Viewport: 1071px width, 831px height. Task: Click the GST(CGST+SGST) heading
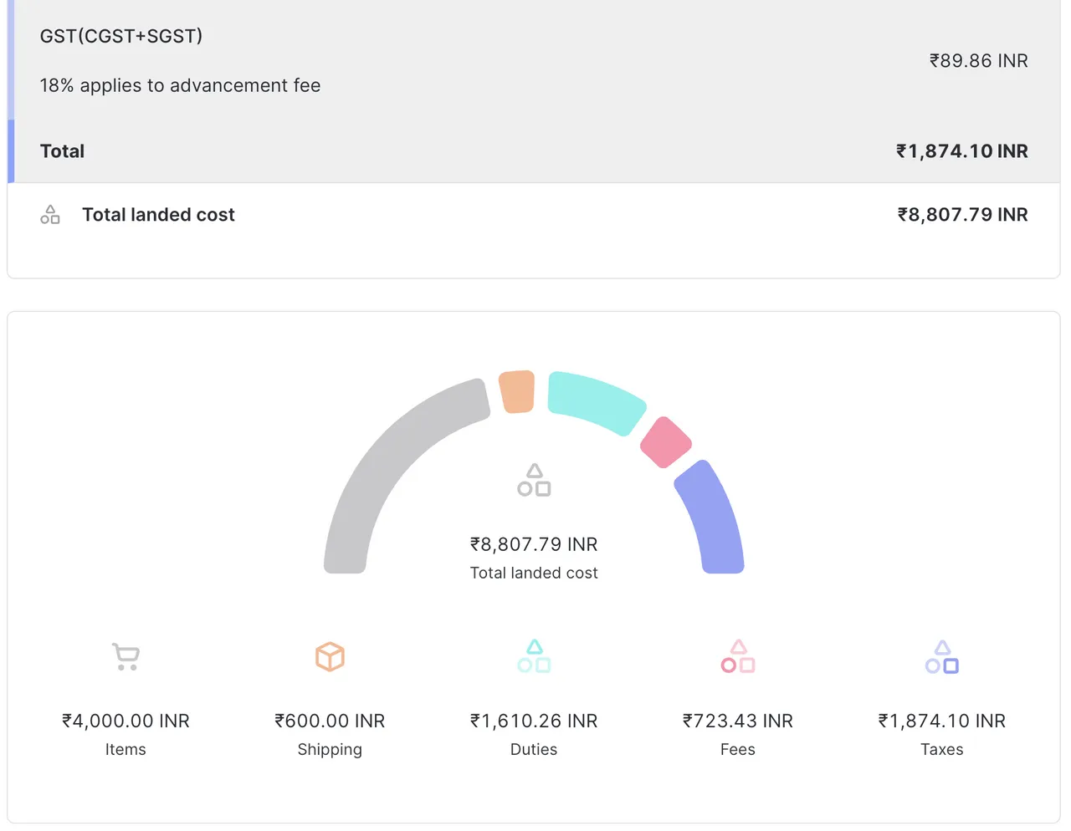pos(121,36)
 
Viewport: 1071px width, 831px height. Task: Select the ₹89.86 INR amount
pos(978,61)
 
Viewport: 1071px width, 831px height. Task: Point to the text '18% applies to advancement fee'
pos(180,85)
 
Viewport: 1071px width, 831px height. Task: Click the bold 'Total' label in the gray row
pos(62,151)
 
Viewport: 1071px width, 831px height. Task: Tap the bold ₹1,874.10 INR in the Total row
pos(961,151)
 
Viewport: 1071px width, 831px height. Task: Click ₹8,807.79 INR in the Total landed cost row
pos(962,215)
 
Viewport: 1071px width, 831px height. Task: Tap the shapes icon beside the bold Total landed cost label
pos(50,215)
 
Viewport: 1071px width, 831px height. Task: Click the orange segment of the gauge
pos(517,391)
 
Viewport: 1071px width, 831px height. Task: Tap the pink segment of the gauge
pos(666,442)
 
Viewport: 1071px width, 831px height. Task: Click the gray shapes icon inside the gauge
pos(534,480)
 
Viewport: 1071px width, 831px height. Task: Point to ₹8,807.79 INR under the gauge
pos(534,544)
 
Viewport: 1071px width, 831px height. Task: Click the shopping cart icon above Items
pos(126,656)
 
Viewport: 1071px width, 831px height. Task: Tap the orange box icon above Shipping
pos(330,656)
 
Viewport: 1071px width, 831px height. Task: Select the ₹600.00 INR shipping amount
pos(330,721)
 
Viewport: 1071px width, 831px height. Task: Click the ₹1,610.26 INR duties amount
pos(534,721)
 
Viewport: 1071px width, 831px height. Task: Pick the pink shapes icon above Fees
pos(738,656)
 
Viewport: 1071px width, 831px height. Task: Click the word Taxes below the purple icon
pos(942,750)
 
